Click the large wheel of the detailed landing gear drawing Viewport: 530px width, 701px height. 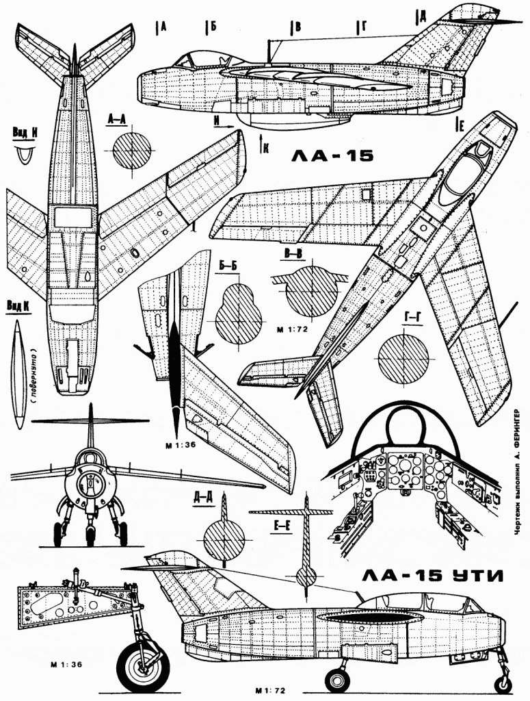143,667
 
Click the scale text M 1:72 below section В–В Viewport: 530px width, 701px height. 291,329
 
